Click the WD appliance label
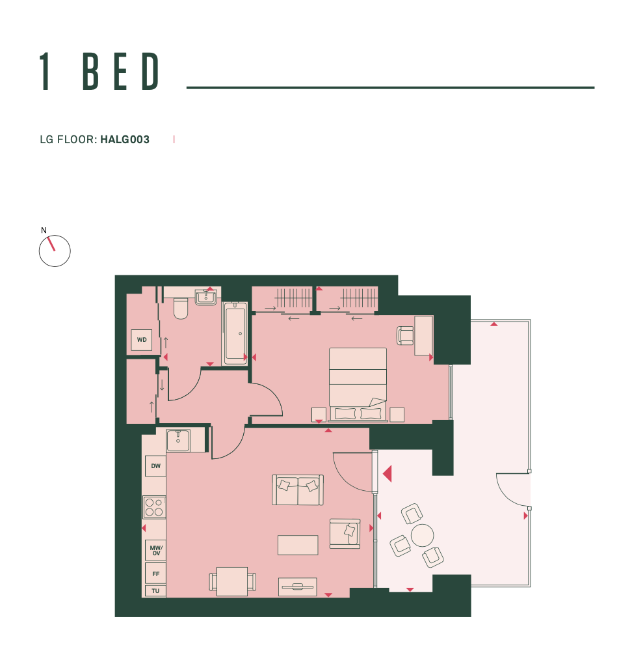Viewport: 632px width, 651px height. tap(142, 340)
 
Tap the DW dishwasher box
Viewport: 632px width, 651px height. tap(155, 466)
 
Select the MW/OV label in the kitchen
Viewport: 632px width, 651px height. tap(156, 551)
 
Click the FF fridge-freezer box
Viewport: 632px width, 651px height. tap(155, 574)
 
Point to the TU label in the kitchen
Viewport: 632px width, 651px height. tap(155, 591)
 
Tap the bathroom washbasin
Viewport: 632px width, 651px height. tap(205, 298)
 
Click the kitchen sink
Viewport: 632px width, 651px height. tap(178, 441)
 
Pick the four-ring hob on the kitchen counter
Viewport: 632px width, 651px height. tap(154, 507)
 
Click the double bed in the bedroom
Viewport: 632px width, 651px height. tap(358, 385)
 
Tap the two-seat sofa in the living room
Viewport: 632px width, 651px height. tap(298, 490)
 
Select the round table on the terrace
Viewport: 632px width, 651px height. tap(422, 535)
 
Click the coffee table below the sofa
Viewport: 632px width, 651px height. tap(298, 545)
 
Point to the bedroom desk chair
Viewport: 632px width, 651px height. tap(405, 335)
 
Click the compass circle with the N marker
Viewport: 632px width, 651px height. tap(55, 251)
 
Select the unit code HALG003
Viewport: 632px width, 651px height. tap(125, 139)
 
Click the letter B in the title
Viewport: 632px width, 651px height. tap(91, 72)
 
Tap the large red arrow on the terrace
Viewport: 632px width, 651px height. tap(388, 474)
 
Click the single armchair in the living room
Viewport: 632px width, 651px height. tap(345, 534)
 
